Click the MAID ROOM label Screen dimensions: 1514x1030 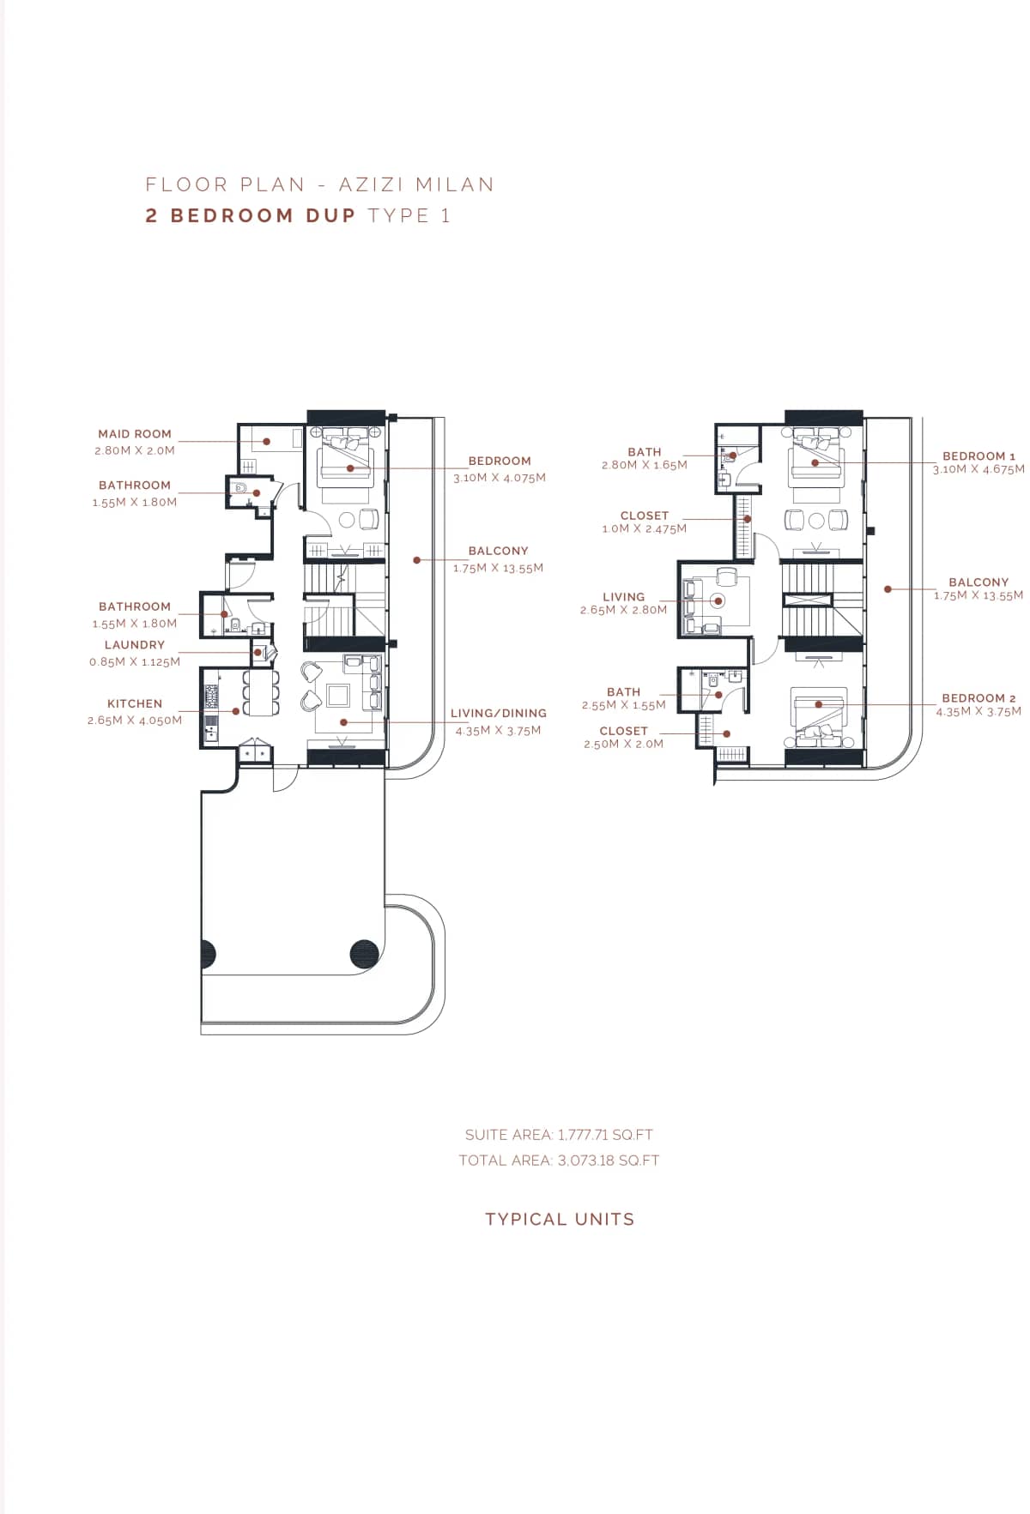coord(135,434)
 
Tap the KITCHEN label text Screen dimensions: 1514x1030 coord(135,703)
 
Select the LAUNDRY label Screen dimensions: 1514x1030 coord(135,645)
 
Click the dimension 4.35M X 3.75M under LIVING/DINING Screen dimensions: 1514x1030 coord(498,731)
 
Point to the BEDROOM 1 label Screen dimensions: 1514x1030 coord(978,456)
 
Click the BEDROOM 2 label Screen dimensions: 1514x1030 coord(978,698)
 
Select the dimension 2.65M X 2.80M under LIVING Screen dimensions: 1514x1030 coord(623,610)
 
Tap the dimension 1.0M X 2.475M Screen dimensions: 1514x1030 coord(644,528)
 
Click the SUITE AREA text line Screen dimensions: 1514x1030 coord(559,1135)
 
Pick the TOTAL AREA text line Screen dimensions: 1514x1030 coord(559,1161)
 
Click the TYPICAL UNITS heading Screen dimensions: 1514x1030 coord(560,1219)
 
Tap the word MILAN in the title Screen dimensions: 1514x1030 coord(455,184)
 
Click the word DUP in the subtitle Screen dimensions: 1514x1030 coord(330,215)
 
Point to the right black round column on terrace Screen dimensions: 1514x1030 coord(365,954)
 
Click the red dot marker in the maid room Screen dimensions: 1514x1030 coord(267,442)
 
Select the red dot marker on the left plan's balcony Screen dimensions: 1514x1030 coord(416,560)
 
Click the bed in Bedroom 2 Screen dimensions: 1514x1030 coord(819,716)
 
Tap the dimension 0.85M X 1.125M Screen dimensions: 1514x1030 coord(135,662)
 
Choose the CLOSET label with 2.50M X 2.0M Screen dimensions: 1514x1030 coord(623,731)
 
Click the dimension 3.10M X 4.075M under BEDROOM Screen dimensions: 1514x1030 coord(500,478)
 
